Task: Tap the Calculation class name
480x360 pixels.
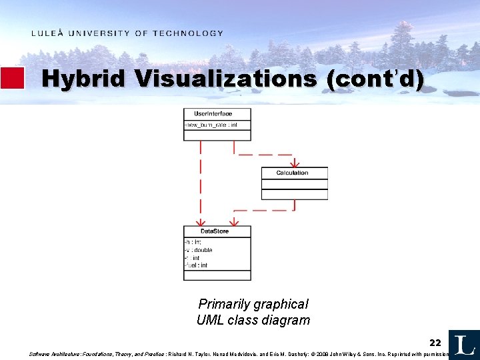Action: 292,173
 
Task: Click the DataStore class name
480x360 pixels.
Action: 215,231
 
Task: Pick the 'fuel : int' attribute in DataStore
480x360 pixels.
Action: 197,265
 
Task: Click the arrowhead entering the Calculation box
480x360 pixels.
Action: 295,163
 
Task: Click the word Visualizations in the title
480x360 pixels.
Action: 226,79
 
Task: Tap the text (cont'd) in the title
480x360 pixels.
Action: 375,79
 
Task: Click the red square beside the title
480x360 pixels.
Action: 12,78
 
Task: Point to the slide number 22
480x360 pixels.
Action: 435,343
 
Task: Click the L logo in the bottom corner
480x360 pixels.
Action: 464,344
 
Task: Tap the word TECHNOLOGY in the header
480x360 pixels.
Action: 188,33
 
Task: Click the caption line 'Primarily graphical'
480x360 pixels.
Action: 253,304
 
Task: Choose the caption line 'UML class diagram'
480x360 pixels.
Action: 253,320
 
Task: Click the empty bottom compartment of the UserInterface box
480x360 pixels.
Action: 217,135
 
